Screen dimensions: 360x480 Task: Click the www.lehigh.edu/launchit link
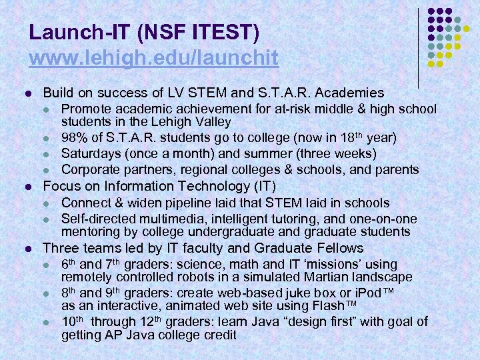pyautogui.click(x=153, y=58)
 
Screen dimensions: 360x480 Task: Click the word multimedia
pyautogui.click(x=161, y=219)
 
